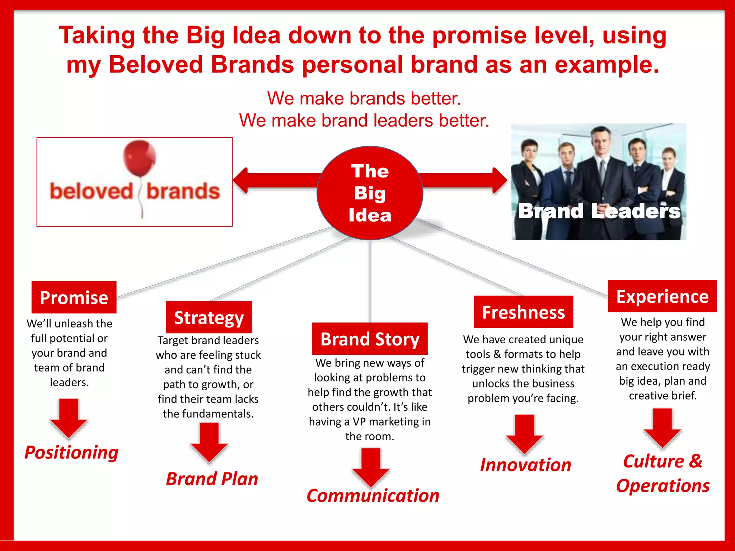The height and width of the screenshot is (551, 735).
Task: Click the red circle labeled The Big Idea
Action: [370, 193]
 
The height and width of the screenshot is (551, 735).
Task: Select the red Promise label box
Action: [74, 297]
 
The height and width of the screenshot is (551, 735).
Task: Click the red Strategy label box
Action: [209, 317]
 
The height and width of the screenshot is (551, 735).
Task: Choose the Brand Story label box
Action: [370, 339]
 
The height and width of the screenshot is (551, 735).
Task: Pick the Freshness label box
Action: [523, 312]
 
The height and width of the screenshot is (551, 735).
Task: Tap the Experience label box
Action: [662, 296]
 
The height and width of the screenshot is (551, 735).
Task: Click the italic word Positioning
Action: [71, 452]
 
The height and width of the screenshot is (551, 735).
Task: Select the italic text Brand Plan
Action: [212, 479]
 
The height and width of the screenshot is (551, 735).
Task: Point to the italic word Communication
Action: [373, 495]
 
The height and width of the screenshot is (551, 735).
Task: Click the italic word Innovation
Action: [525, 465]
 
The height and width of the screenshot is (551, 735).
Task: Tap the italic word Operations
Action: [663, 486]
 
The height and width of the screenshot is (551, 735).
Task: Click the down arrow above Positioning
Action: [69, 418]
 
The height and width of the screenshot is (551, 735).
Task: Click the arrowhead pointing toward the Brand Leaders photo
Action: [499, 180]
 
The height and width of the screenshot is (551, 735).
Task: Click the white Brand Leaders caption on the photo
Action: [599, 211]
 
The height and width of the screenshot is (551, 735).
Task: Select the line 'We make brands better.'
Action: [364, 98]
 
